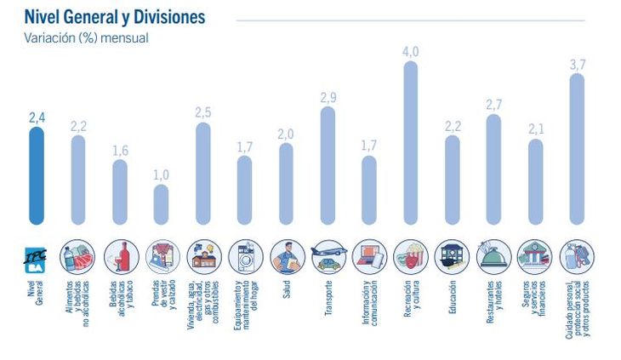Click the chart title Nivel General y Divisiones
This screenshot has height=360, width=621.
pos(114,17)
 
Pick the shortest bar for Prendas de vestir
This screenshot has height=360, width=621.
pos(161,204)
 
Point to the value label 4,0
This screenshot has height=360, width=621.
pos(410,52)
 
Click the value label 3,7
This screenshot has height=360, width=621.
pos(577,65)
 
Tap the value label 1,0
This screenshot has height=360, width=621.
pos(161,174)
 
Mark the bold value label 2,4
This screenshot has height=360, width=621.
pos(37,117)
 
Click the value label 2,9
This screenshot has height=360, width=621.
pos(328,97)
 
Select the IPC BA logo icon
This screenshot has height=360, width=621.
pos(37,254)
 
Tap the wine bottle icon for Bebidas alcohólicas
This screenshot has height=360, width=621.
pos(120,254)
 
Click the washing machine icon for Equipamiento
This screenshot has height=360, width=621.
pos(244,254)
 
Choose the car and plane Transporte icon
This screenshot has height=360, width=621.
pos(328,254)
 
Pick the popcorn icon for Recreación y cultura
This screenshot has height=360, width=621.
pos(410,254)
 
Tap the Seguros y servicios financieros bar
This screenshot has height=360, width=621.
pos(535,182)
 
